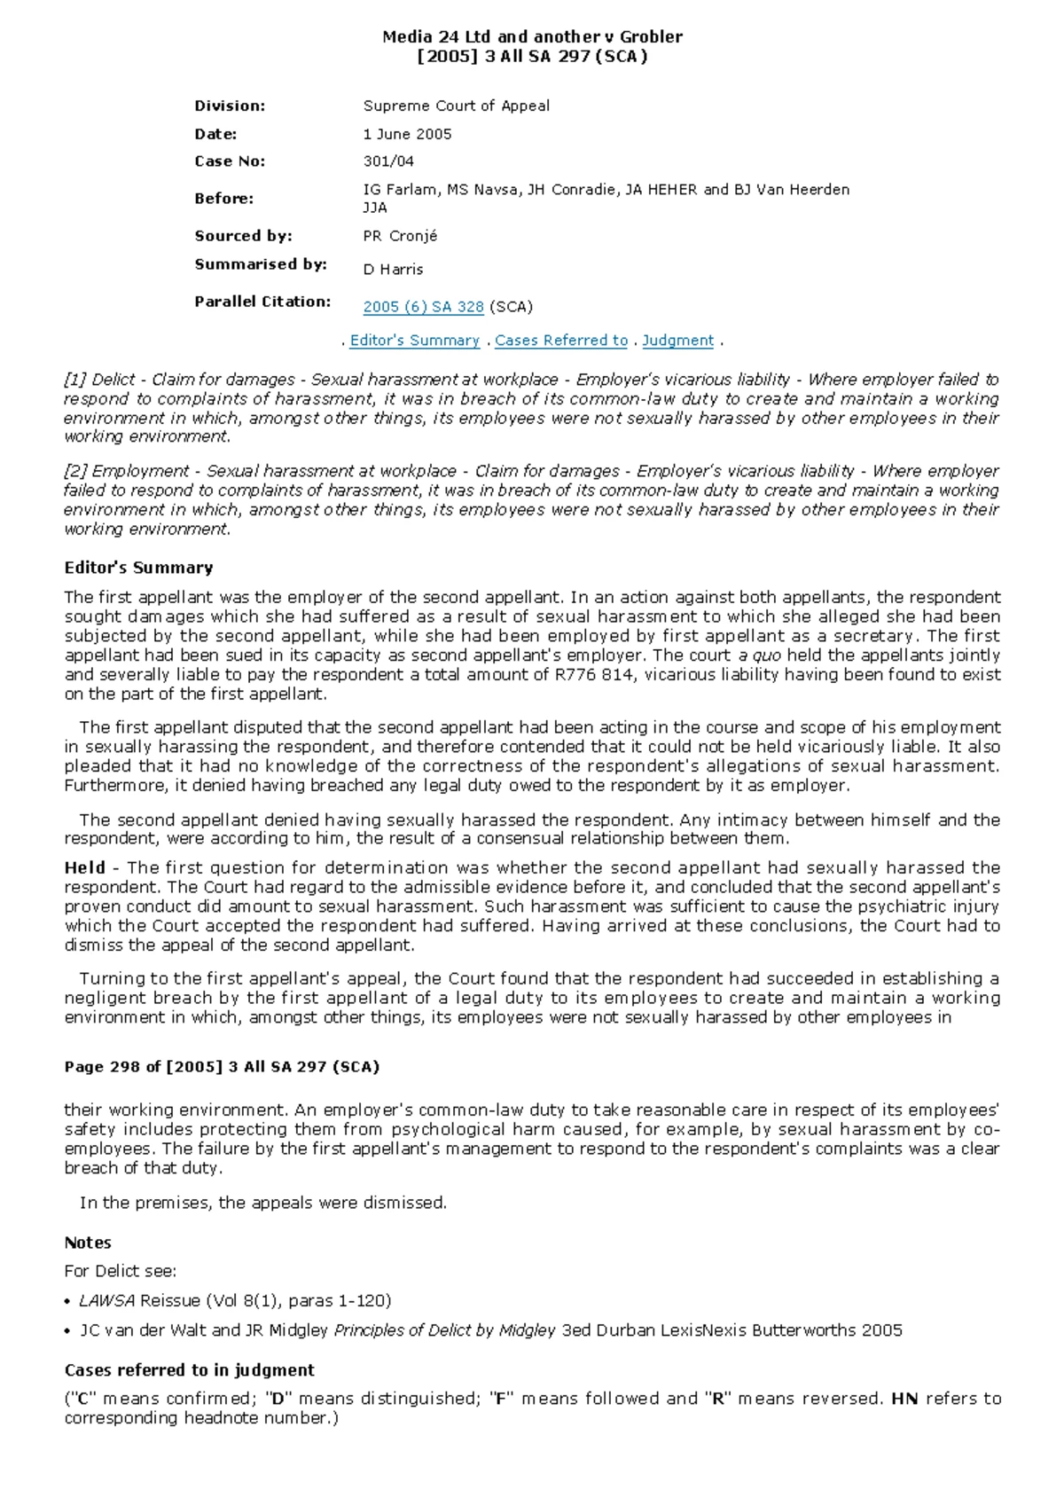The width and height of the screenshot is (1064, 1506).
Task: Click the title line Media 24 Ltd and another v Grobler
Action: click(532, 37)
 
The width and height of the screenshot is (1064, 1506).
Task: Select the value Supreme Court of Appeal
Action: click(456, 106)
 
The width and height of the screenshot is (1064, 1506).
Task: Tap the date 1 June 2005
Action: click(407, 134)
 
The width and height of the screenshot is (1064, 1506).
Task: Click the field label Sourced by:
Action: click(243, 236)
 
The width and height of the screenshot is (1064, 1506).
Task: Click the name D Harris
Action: click(393, 270)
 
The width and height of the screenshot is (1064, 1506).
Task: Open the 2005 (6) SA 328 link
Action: click(423, 307)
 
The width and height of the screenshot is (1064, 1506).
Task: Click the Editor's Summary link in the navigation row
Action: click(414, 341)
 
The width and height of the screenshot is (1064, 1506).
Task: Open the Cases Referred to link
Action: click(560, 341)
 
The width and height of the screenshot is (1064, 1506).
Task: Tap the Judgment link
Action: click(677, 341)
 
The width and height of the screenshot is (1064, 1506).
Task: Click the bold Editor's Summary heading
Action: click(138, 568)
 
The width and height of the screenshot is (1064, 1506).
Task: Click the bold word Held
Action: click(84, 868)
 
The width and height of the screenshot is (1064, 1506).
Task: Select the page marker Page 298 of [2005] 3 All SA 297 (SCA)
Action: click(222, 1067)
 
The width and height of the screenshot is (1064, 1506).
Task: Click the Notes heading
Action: click(88, 1243)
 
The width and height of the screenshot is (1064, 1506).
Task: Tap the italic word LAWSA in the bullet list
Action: click(106, 1301)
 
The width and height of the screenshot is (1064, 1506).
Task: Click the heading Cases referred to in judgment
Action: click(189, 1370)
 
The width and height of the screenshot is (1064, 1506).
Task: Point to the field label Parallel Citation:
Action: click(262, 302)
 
